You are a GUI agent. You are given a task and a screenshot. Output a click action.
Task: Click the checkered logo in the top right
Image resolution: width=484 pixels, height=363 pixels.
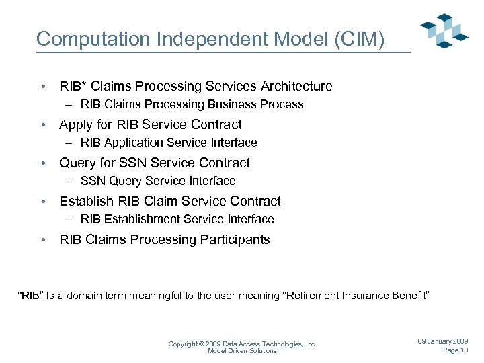coord(444,30)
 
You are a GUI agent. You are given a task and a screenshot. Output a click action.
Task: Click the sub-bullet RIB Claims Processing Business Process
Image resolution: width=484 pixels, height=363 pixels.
coord(192,104)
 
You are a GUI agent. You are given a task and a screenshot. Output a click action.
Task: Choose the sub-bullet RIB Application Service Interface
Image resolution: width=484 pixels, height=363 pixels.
coord(169,143)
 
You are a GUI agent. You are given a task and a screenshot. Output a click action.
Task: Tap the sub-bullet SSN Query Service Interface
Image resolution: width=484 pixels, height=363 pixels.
coord(158,181)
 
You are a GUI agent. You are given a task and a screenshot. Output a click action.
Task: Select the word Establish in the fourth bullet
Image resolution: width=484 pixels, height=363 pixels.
coord(85,201)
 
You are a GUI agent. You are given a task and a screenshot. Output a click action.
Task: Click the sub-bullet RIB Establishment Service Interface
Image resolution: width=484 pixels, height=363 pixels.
coord(177,219)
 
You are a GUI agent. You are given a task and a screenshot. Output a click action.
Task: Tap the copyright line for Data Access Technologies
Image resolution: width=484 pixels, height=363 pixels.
coord(242,344)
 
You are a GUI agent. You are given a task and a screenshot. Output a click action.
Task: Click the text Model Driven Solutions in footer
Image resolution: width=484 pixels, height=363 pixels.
coord(242,351)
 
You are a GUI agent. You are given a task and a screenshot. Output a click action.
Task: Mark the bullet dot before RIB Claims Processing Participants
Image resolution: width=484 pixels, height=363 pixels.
coord(43,240)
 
